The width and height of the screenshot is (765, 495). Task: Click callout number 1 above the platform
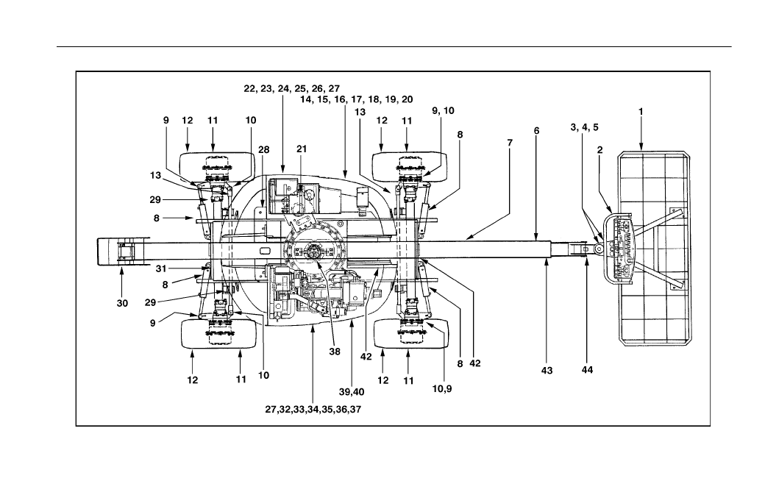[641, 112]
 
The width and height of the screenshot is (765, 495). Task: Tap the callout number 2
[599, 150]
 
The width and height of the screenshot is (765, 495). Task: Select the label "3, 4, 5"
[585, 127]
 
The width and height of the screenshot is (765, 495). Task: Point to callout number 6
[537, 131]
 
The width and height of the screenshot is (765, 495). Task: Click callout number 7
[510, 143]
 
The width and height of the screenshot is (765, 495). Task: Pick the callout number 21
[302, 149]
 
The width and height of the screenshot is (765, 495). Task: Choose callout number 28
[263, 150]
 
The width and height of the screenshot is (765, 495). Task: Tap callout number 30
[122, 303]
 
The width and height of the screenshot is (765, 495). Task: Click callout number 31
[161, 268]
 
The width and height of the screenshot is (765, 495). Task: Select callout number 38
[334, 351]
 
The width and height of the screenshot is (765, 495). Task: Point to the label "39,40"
[352, 392]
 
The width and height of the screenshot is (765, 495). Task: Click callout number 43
[547, 371]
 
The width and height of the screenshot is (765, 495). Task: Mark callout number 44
[587, 370]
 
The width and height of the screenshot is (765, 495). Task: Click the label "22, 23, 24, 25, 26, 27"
[292, 89]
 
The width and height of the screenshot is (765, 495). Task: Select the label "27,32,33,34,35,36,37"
[313, 410]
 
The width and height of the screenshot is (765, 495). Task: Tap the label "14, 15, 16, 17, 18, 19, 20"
[356, 99]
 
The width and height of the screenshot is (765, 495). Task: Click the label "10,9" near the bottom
[442, 389]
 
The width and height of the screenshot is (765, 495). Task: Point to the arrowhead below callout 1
[641, 147]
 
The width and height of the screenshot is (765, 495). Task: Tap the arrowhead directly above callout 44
[586, 263]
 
